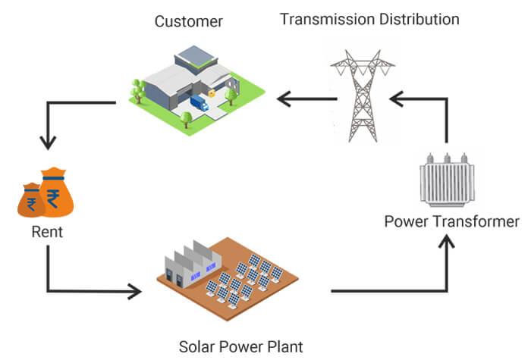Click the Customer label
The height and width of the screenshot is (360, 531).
189,21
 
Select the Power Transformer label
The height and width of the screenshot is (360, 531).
451,222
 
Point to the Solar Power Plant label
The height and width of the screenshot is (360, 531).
240,347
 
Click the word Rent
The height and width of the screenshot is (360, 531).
47,233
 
